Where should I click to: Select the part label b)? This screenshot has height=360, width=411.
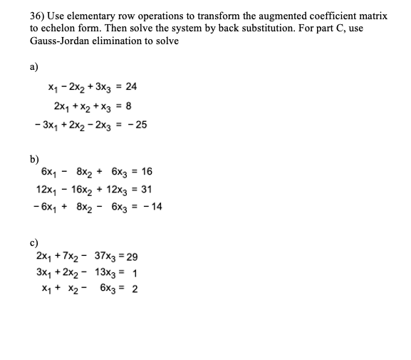(33, 160)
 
